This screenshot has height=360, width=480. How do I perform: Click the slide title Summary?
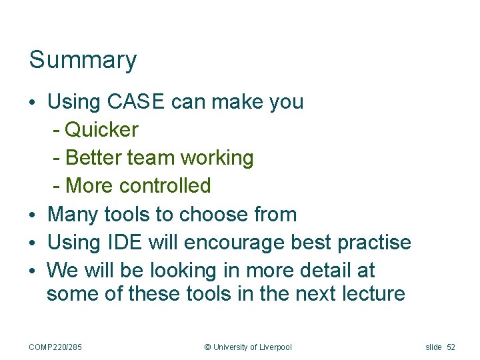tap(83, 60)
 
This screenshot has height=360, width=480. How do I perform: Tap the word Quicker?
tap(102, 129)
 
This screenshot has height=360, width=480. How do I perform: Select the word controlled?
tap(165, 185)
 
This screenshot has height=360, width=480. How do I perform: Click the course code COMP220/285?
tap(55, 347)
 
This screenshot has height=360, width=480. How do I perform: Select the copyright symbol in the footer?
tap(207, 347)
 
